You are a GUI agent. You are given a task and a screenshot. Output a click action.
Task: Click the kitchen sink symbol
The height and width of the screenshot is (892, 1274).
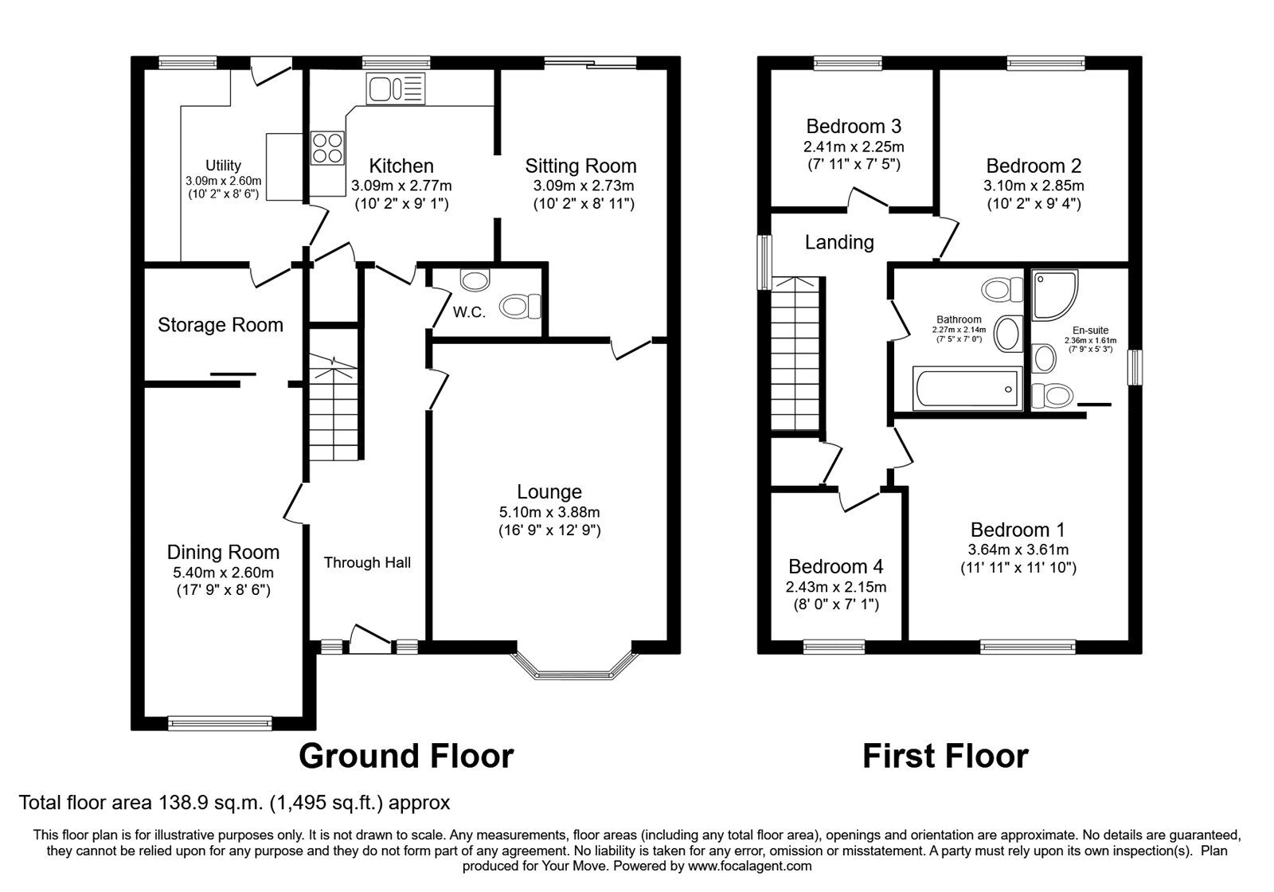pyautogui.click(x=395, y=88)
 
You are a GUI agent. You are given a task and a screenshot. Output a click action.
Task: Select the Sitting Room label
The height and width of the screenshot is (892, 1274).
pyautogui.click(x=580, y=166)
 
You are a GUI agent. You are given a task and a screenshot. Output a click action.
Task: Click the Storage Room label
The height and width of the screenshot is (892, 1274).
pyautogui.click(x=220, y=325)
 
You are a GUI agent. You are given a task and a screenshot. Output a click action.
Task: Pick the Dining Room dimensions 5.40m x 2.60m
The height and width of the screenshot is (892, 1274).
pyautogui.click(x=223, y=573)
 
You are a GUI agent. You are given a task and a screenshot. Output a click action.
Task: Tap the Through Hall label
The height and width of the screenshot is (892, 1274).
pyautogui.click(x=367, y=563)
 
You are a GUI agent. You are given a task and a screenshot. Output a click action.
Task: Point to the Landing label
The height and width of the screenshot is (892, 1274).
pyautogui.click(x=838, y=242)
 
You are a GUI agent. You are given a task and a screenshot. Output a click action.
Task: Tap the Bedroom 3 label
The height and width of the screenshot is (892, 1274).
pyautogui.click(x=853, y=126)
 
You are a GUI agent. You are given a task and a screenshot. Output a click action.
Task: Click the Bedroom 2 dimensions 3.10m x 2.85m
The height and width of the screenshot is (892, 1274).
pyautogui.click(x=1034, y=186)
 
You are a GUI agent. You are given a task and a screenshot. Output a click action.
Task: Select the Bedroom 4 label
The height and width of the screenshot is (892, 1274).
pyautogui.click(x=835, y=566)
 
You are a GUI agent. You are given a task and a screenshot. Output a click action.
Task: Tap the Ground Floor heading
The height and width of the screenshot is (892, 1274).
pyautogui.click(x=406, y=755)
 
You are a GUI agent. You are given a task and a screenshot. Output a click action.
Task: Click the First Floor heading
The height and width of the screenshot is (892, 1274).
pyautogui.click(x=945, y=755)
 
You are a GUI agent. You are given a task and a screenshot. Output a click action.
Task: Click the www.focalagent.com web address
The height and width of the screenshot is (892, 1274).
pyautogui.click(x=749, y=866)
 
